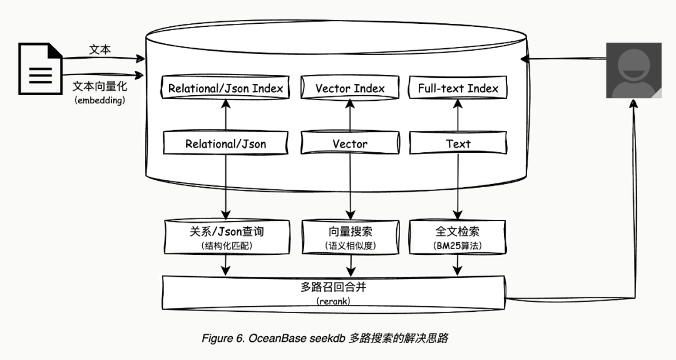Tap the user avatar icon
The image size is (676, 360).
coord(633,71)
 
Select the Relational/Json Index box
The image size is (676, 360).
coord(225,88)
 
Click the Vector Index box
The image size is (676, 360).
coord(350,88)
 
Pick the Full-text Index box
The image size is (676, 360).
coord(458,88)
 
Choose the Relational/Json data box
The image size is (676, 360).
coord(225,143)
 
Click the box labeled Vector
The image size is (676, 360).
coord(350,143)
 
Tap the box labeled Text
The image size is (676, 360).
coord(458,143)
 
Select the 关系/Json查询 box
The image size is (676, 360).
coord(225,237)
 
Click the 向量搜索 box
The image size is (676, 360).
coord(350,237)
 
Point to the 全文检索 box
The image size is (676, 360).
coord(458,237)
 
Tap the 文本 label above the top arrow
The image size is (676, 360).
coord(100,49)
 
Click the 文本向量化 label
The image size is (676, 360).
coord(100,86)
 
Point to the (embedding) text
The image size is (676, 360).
coord(100,100)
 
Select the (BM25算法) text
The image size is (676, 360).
coord(458,246)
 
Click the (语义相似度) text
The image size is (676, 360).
coord(350,246)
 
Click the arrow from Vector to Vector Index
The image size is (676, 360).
coord(350,115)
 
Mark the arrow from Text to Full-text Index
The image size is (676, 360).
coord(458,115)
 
